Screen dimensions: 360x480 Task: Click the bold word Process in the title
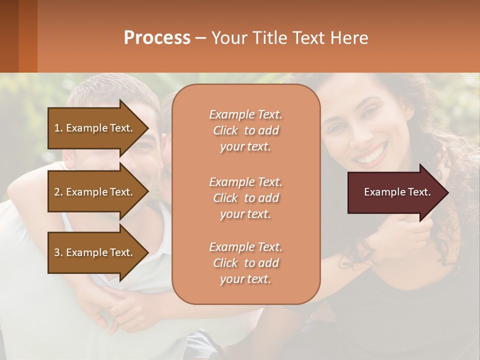tap(157, 38)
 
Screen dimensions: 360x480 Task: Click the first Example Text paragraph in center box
tap(245, 130)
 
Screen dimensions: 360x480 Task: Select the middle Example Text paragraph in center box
tap(245, 197)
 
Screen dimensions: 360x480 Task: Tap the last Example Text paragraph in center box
tap(245, 263)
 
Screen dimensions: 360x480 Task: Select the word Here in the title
tap(350, 38)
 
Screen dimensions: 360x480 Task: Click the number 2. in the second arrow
tap(58, 192)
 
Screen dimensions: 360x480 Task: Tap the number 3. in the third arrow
tap(58, 252)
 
